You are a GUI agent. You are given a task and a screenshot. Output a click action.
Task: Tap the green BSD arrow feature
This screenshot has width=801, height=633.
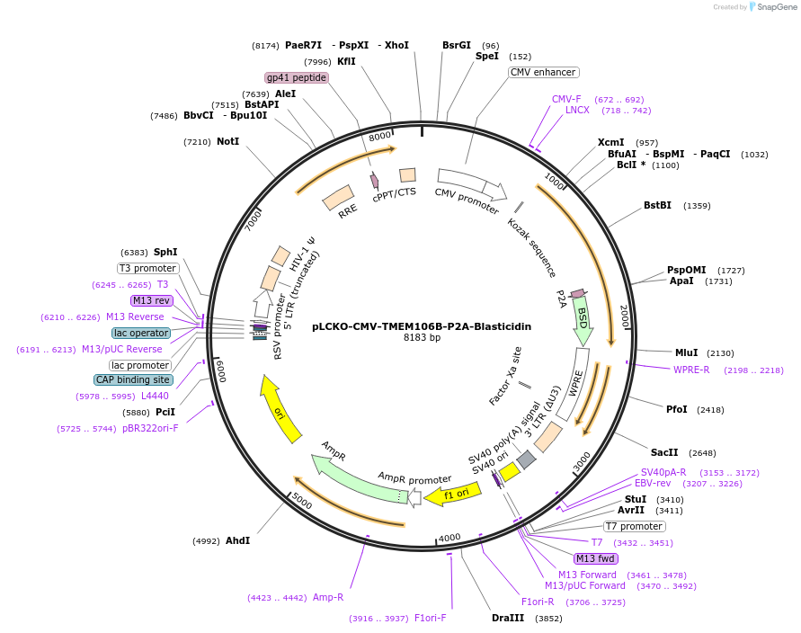pos(583,319)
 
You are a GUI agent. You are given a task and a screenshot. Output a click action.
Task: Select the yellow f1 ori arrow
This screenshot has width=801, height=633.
pos(449,495)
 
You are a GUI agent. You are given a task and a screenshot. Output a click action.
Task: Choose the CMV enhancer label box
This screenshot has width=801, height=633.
pos(543,72)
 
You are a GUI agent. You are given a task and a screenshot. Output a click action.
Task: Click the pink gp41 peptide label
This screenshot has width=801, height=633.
pos(296,77)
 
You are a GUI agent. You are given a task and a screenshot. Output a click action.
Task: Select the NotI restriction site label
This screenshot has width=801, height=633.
pos(227,141)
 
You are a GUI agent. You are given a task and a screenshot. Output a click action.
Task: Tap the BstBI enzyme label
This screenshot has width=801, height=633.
pos(657,206)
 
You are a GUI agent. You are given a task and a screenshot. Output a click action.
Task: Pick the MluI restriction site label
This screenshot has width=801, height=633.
pos(686,352)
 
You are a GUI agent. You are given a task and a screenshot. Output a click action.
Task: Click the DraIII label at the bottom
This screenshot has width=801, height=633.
pos(507,619)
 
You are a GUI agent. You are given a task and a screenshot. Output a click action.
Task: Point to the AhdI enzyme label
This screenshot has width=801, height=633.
pos(237,541)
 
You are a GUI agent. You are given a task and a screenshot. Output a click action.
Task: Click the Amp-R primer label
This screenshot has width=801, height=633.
pos(328,597)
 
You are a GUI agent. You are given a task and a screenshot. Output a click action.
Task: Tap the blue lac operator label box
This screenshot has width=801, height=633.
pos(141,333)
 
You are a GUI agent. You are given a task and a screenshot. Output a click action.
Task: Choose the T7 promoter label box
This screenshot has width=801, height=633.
pos(634,526)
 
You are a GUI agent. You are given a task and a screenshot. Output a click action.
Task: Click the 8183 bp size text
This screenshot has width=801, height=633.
pos(422,338)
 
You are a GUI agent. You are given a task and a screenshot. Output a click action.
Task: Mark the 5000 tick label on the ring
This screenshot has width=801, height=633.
pos(302,502)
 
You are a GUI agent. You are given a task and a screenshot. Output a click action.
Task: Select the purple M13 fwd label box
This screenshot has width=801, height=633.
pos(596,558)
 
